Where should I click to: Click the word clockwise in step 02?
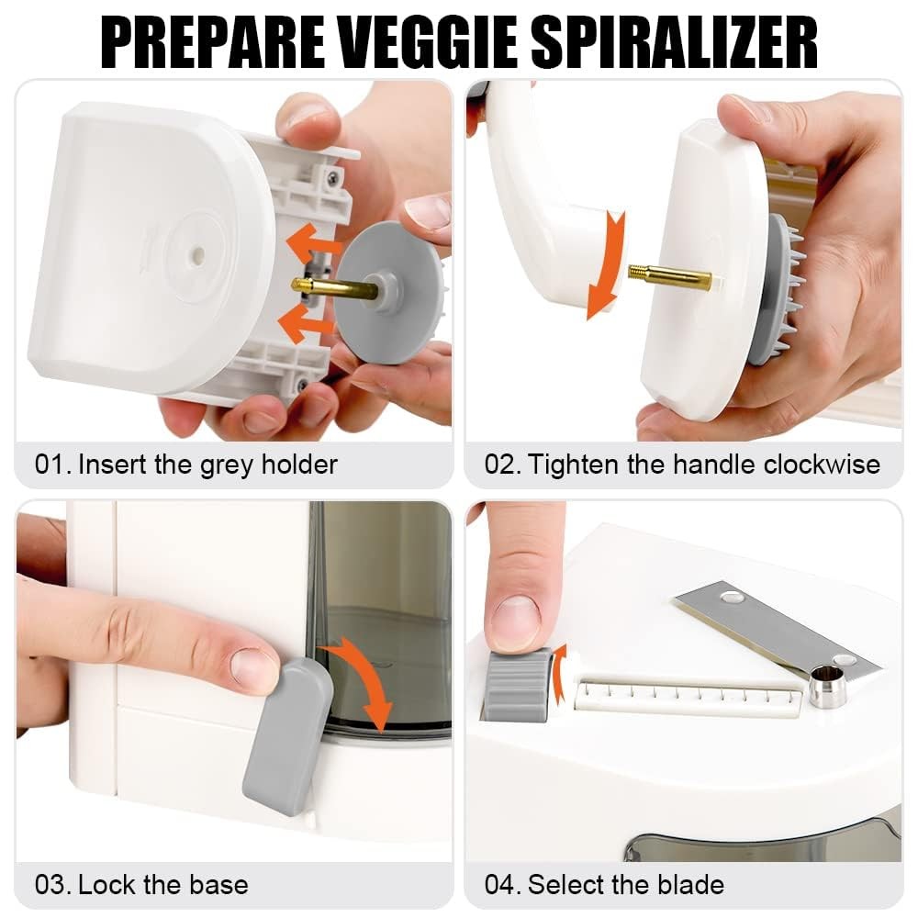(x=822, y=465)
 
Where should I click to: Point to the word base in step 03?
(x=219, y=885)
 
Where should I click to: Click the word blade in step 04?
(x=691, y=885)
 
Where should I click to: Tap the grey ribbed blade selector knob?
(x=516, y=684)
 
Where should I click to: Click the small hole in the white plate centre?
(x=198, y=253)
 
